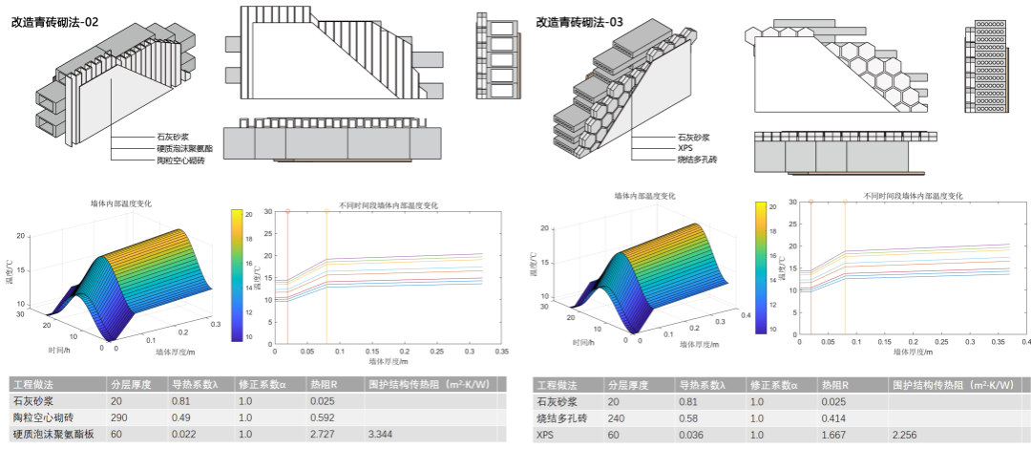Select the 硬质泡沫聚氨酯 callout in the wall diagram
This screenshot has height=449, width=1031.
[184, 149]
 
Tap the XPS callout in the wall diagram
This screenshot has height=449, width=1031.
[686, 149]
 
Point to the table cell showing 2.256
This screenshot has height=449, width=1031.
[906, 436]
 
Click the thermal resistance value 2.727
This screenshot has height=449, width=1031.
[324, 436]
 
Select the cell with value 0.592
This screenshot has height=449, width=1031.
[324, 417]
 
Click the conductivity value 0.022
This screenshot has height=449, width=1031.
[186, 436]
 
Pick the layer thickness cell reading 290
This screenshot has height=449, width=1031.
[119, 417]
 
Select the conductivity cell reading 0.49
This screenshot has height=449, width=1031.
[182, 417]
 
